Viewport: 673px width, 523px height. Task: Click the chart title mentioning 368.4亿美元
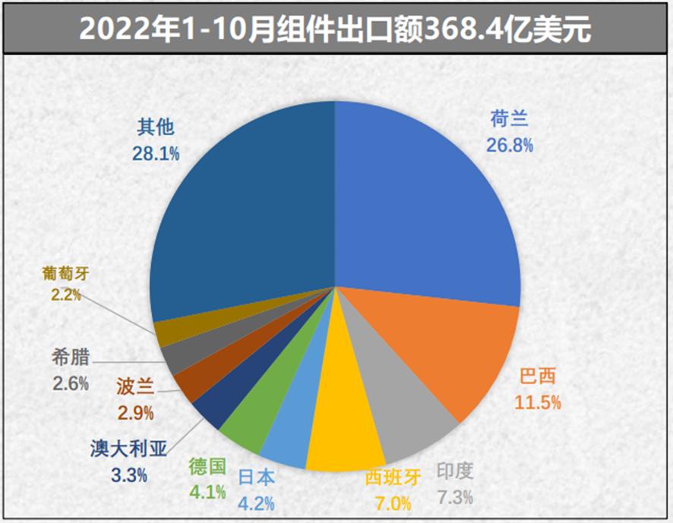pyautogui.click(x=336, y=28)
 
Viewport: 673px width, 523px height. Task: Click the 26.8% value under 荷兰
pyautogui.click(x=510, y=144)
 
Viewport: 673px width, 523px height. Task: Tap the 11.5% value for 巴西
pyautogui.click(x=540, y=402)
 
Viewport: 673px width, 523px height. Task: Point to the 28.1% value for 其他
pyautogui.click(x=156, y=153)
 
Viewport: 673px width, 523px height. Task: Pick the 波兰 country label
pyautogui.click(x=135, y=387)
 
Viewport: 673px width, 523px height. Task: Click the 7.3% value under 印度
pyautogui.click(x=455, y=498)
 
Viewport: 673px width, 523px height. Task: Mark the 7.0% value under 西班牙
pyautogui.click(x=393, y=503)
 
